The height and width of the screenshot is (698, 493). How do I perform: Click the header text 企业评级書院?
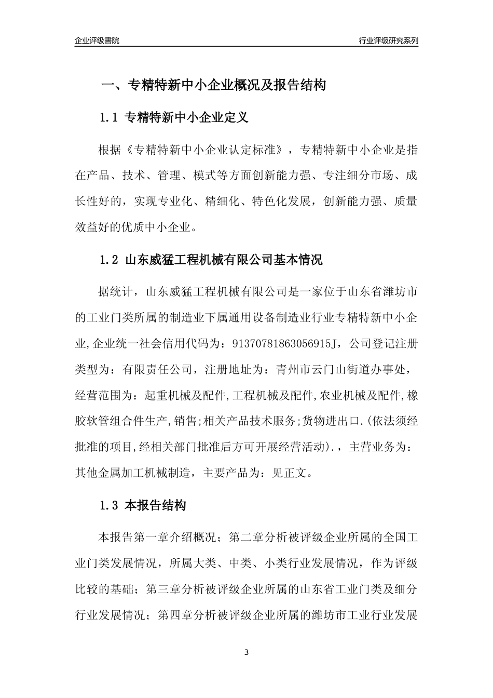pos(97,41)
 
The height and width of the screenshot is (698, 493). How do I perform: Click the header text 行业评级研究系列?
pos(388,41)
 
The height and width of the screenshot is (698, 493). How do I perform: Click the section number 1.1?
pos(109,118)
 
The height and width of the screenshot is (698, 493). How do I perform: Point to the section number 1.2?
pos(109,260)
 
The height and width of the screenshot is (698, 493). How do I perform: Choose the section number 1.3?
pos(109,505)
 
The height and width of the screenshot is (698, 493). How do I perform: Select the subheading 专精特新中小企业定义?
pos(187,118)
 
